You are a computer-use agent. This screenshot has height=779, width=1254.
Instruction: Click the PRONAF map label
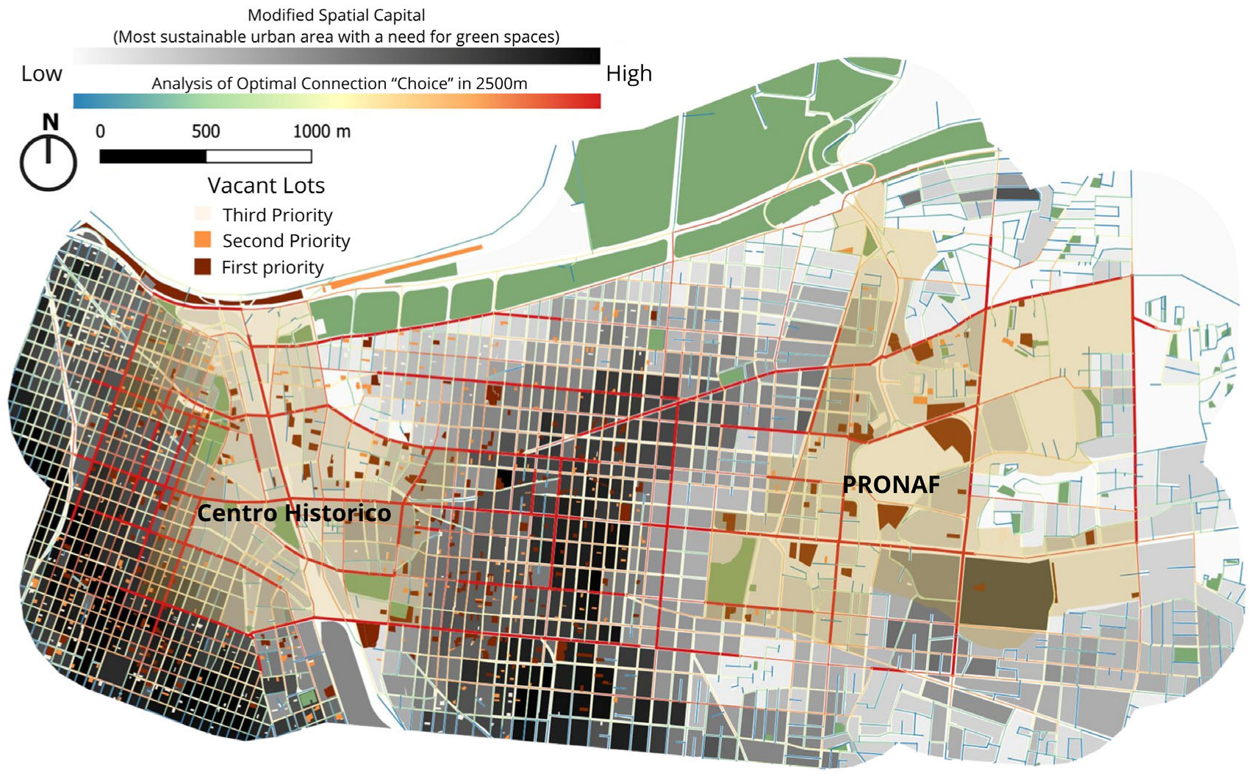click(x=890, y=485)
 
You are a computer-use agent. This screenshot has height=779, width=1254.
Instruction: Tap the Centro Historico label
click(x=294, y=513)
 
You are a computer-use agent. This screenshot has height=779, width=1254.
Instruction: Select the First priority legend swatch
click(x=202, y=267)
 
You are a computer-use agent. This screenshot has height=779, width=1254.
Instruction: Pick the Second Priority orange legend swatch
click(x=202, y=240)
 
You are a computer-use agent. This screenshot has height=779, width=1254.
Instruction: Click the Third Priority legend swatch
click(x=202, y=215)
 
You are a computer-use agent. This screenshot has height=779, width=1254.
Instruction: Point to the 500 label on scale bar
click(x=206, y=132)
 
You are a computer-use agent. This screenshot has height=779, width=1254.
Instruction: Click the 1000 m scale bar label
click(x=321, y=132)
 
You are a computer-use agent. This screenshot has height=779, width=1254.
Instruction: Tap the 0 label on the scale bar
click(x=101, y=132)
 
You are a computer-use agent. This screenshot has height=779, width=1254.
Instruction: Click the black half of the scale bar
click(x=153, y=157)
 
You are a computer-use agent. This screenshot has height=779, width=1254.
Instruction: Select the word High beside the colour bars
click(x=628, y=73)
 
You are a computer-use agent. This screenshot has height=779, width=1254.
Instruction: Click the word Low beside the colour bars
click(x=41, y=73)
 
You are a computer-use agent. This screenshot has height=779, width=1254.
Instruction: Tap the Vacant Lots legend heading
click(x=265, y=185)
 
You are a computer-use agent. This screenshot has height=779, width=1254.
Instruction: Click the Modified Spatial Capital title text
click(x=336, y=15)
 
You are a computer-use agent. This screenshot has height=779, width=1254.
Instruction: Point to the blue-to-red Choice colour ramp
click(x=337, y=101)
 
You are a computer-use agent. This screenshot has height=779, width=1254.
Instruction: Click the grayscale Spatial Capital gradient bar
click(x=337, y=57)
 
